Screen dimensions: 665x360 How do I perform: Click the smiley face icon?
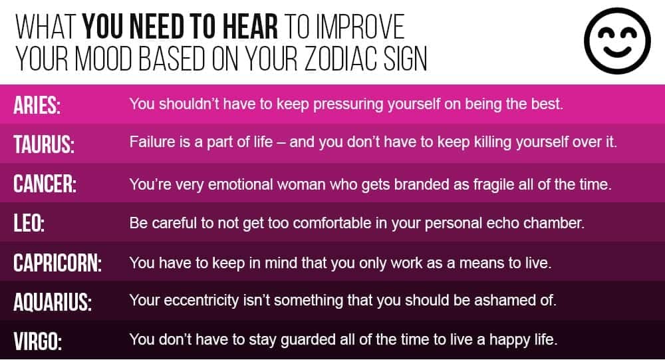click(x=617, y=41)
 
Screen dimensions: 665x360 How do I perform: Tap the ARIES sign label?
click(x=37, y=105)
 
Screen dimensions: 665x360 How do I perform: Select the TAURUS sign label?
click(x=44, y=144)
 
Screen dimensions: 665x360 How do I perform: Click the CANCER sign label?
click(x=45, y=184)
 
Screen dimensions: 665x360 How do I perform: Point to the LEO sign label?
click(x=29, y=223)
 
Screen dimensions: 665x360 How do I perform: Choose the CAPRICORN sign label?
click(x=58, y=263)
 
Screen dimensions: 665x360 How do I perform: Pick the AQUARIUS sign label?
click(x=53, y=302)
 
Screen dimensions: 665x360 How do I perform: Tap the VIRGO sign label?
click(x=38, y=341)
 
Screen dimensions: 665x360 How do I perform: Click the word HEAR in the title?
click(x=250, y=27)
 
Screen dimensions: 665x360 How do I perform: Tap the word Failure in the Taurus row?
click(x=152, y=142)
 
